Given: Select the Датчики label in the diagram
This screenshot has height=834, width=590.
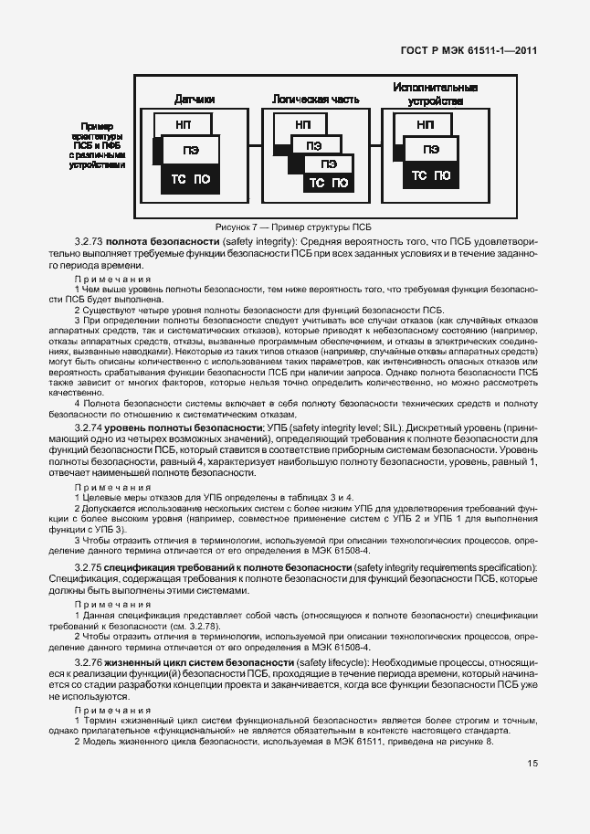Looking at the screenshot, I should [x=195, y=98].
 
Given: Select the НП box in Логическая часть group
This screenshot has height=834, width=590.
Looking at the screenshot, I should [x=303, y=124].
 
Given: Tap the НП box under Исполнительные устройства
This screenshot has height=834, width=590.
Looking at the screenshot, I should [x=424, y=124].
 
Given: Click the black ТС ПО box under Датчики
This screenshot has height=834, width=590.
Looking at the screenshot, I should [x=191, y=180].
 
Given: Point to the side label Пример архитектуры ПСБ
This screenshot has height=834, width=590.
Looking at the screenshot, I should [x=100, y=146].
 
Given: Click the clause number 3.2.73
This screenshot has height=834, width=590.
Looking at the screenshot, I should [x=89, y=240].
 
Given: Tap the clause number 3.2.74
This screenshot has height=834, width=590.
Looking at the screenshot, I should [x=89, y=427].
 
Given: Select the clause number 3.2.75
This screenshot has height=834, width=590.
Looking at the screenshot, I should [x=89, y=568].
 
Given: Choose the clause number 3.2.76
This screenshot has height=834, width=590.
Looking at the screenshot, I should [x=89, y=660].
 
